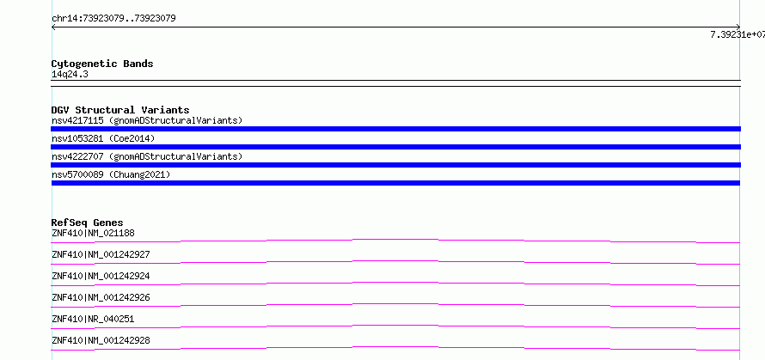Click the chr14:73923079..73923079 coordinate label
[x=113, y=19]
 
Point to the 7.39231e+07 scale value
[x=737, y=34]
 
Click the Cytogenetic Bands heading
[x=102, y=64]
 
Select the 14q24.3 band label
[x=70, y=75]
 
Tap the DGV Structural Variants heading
[x=120, y=110]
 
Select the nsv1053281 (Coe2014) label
[x=103, y=138]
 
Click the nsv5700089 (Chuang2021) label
[x=111, y=174]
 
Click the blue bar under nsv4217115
[x=395, y=129]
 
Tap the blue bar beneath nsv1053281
[x=395, y=147]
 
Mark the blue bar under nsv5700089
[x=395, y=183]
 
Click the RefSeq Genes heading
[x=88, y=223]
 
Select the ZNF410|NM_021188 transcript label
[x=93, y=233]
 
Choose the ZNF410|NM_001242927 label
[x=101, y=254]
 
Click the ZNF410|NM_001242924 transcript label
[x=101, y=276]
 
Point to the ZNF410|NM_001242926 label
[x=101, y=297]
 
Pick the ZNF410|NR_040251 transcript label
[x=93, y=319]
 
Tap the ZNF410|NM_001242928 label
[x=101, y=340]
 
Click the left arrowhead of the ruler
[x=52, y=27]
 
